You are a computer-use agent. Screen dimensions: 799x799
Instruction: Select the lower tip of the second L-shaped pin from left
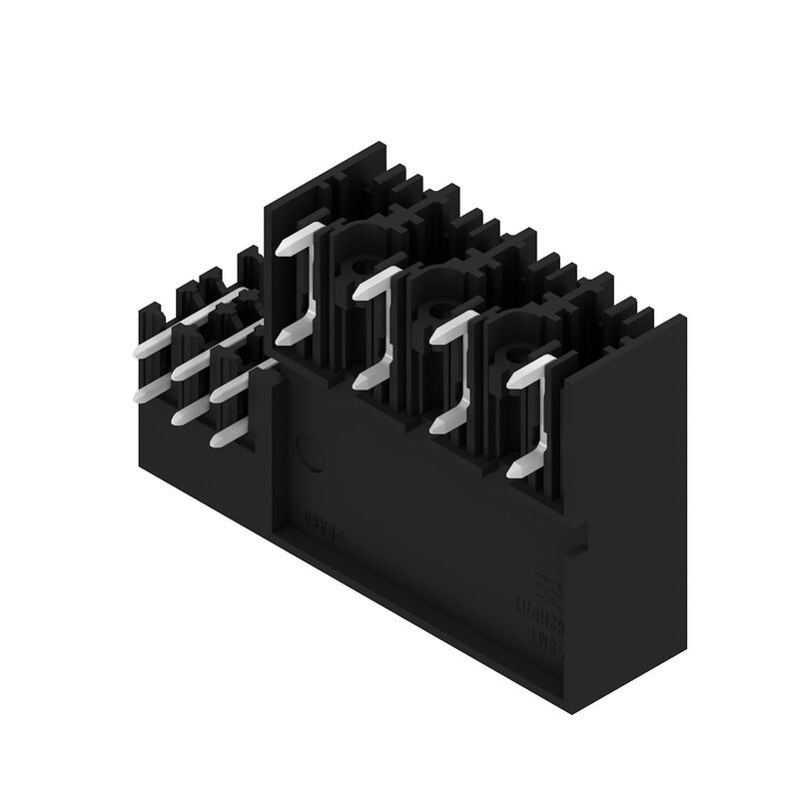tap(362, 381)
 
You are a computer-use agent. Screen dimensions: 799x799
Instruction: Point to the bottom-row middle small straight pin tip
tap(180, 415)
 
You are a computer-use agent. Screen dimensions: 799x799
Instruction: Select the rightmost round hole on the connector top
tap(515, 359)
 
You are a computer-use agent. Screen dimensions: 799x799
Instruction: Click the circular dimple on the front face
tap(311, 454)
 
